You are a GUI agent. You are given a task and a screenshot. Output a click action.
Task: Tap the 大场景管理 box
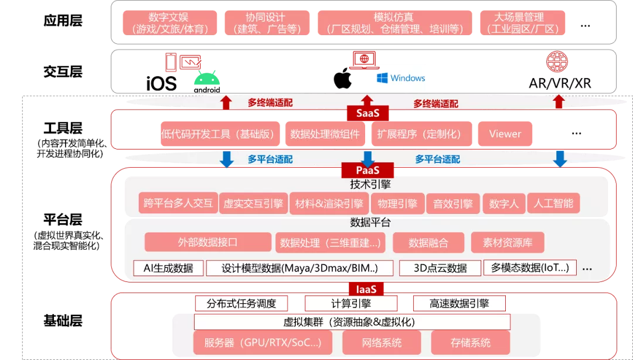(x=519, y=23)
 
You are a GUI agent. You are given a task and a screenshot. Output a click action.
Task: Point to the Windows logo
(x=401, y=77)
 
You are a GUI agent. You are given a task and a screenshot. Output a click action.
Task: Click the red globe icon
(x=557, y=62)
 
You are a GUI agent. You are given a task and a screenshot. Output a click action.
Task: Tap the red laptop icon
(x=364, y=60)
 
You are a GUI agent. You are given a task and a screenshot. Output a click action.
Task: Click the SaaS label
(x=367, y=113)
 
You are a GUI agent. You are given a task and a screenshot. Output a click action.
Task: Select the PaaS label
(x=367, y=170)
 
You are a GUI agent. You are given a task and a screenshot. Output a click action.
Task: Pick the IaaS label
(x=366, y=289)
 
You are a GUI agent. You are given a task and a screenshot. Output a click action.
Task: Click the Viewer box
(x=505, y=134)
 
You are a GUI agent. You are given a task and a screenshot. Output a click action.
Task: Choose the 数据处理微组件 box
(x=325, y=134)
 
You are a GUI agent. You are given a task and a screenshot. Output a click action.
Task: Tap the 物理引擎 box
(x=397, y=203)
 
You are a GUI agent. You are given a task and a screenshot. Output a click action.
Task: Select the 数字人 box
(x=503, y=203)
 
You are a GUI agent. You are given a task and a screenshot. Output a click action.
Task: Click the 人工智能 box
(x=553, y=203)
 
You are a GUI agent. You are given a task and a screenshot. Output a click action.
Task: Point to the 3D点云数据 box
(x=440, y=268)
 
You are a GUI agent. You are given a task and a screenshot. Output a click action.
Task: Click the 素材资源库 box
(x=506, y=242)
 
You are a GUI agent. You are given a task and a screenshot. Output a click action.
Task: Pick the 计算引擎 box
(x=351, y=303)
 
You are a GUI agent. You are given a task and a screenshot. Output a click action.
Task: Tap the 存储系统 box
(x=471, y=342)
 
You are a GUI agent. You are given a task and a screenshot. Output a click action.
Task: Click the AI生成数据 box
(x=168, y=268)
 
